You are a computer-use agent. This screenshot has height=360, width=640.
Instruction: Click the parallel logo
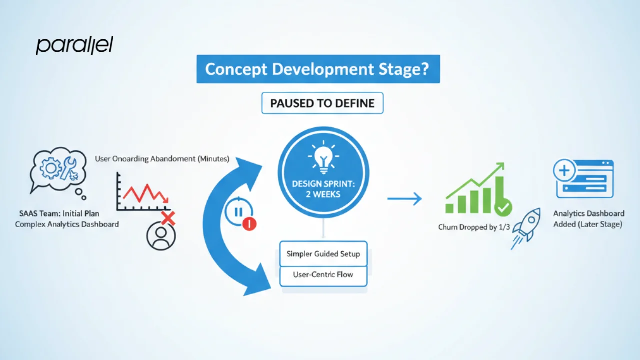74,45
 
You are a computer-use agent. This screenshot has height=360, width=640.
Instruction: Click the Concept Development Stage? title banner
318,69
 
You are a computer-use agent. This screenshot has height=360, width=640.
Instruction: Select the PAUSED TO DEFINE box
322,104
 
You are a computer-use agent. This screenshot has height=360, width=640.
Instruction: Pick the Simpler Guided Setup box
323,254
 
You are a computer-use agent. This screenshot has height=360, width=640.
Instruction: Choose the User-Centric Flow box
323,274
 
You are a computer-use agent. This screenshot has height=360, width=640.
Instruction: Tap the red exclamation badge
249,223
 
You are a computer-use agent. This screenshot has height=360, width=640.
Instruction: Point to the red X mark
168,218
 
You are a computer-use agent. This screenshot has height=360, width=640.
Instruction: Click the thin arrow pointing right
404,199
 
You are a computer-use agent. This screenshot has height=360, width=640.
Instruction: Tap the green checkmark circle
503,206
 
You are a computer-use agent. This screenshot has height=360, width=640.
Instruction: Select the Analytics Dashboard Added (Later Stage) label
588,219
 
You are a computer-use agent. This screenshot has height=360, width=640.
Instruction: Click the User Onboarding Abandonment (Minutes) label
162,159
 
